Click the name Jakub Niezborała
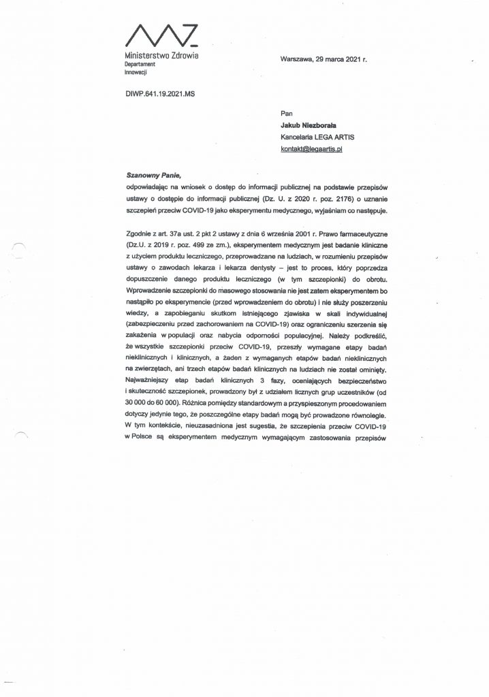(x=314, y=125)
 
